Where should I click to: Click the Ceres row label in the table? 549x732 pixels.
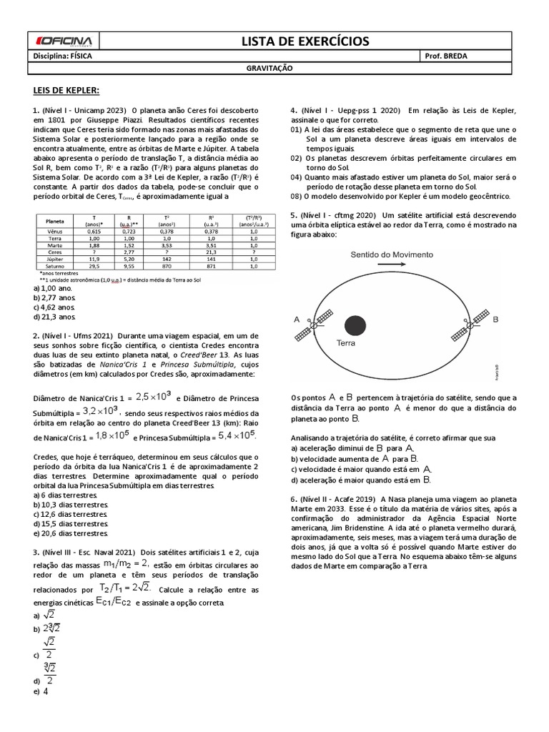coord(55,252)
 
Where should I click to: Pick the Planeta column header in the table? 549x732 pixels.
coord(55,221)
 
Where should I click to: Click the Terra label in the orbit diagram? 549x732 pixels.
coord(346,344)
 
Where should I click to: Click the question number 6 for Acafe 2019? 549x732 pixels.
coord(293,498)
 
